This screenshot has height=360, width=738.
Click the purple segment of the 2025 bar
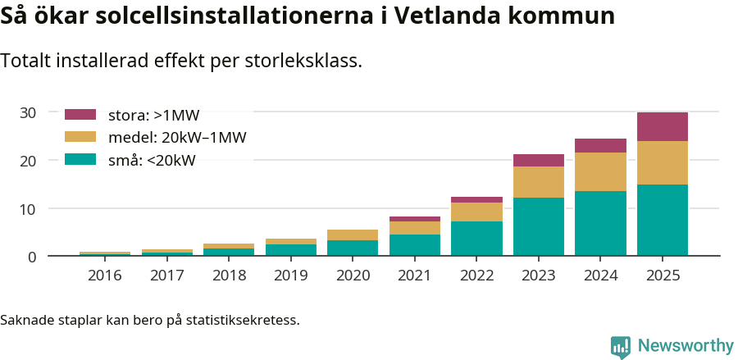point(662,127)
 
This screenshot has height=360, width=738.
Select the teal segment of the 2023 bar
point(538,226)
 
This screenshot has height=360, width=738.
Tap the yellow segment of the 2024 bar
point(600,171)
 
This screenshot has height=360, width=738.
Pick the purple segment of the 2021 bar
point(414,219)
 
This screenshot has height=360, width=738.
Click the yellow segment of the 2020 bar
point(352,235)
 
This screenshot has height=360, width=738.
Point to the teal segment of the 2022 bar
point(476,239)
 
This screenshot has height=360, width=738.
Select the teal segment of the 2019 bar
point(290,250)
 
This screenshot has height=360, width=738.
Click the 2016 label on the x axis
point(104,276)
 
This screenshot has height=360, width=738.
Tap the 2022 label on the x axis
point(476,276)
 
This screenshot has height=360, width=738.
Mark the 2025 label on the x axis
point(662,276)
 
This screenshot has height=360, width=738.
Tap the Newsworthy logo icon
point(621,346)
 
